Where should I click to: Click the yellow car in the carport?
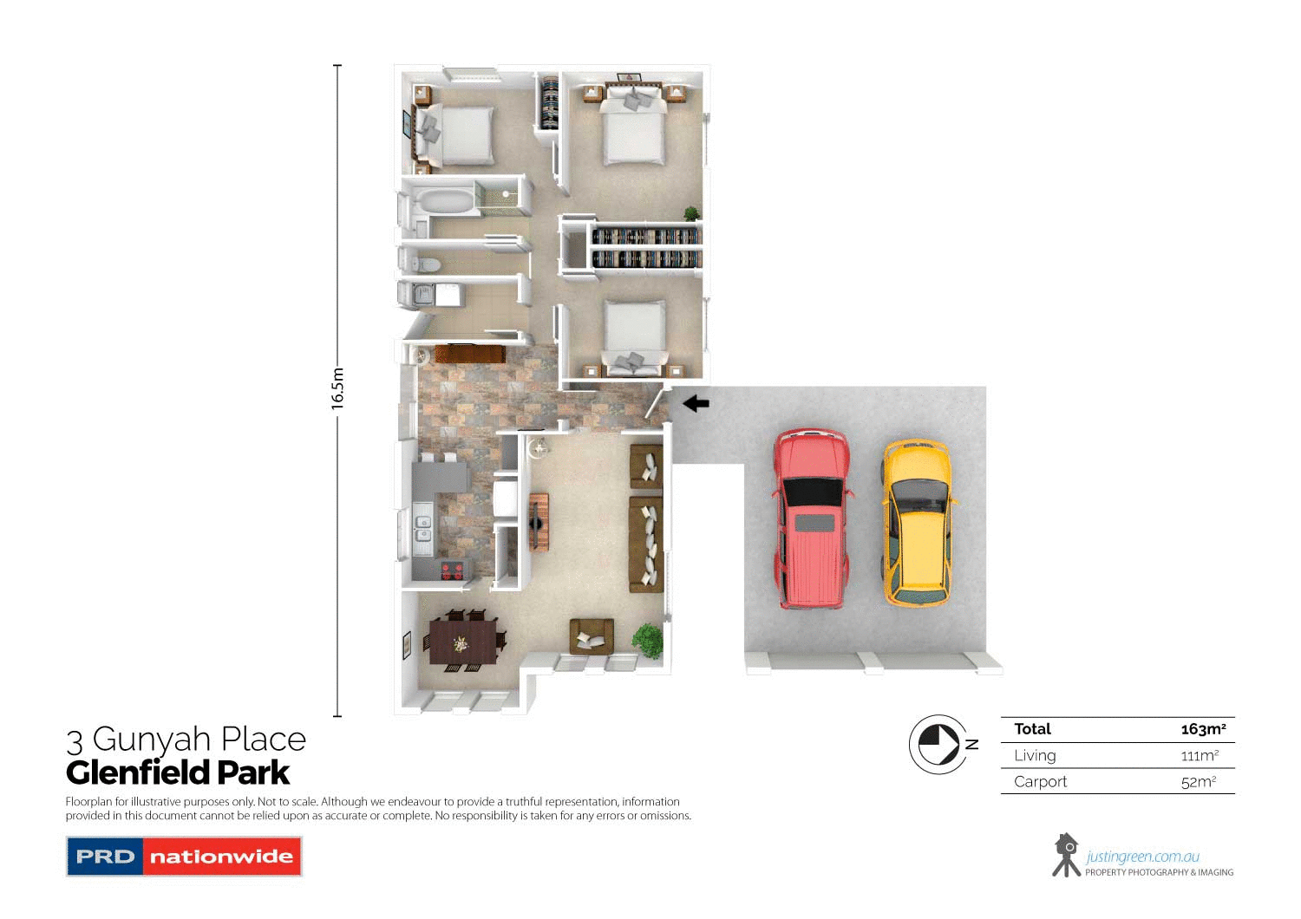tap(917, 522)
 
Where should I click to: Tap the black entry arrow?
tap(696, 403)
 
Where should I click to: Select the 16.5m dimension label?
tap(337, 388)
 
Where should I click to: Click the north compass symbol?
tap(938, 744)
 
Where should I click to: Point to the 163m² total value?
tap(1203, 729)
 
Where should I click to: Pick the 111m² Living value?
tap(1200, 756)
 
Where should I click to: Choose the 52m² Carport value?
tap(1199, 782)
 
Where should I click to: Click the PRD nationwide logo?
tap(184, 857)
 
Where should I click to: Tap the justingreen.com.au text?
tap(1142, 857)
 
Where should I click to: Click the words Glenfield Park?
tap(178, 772)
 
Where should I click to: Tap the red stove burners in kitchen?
tap(452, 570)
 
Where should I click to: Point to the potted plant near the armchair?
tap(647, 639)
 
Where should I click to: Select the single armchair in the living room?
tap(592, 635)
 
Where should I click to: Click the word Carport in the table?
tap(1040, 782)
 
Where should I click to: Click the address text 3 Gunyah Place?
tap(186, 740)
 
